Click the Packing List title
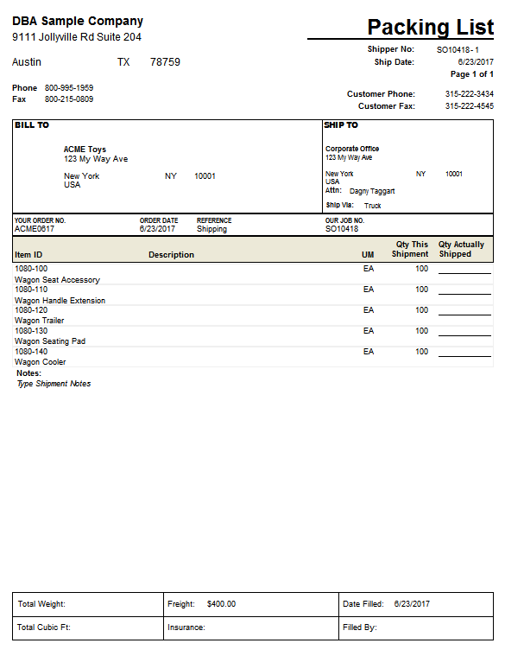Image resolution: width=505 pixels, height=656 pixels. click(x=430, y=28)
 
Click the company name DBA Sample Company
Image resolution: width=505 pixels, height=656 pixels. click(x=78, y=22)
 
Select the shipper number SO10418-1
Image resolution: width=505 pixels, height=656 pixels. click(x=458, y=50)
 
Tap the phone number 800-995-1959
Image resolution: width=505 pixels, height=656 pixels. click(x=69, y=88)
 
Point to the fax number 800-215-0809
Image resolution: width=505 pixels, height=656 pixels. click(x=69, y=99)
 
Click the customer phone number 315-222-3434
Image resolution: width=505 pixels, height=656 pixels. click(x=470, y=94)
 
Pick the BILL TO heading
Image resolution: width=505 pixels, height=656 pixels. click(x=32, y=125)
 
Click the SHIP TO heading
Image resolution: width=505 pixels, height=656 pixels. click(x=342, y=125)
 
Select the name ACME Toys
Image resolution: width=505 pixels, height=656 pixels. click(x=85, y=150)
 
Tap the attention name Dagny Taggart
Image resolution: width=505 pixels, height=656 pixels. click(x=372, y=191)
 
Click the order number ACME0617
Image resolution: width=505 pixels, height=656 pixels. click(x=34, y=229)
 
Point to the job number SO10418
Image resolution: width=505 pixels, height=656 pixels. click(x=342, y=229)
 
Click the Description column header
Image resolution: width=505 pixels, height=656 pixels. click(x=171, y=255)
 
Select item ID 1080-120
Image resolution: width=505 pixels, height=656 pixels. click(x=31, y=309)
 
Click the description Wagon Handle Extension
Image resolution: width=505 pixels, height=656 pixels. click(x=60, y=301)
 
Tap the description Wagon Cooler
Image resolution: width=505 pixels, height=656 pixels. click(x=41, y=362)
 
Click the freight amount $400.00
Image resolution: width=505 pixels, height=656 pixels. click(x=221, y=604)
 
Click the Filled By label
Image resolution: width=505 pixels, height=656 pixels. click(x=360, y=627)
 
